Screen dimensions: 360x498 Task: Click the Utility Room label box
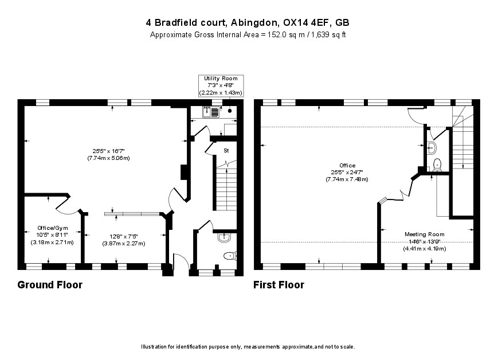[221, 85]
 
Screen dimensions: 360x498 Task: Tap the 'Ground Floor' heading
[50, 285]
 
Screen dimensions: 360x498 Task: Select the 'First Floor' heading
[279, 285]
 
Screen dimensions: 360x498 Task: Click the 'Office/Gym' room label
[49, 228]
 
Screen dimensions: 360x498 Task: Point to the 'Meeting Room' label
[425, 234]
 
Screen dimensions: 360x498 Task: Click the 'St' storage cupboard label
[226, 151]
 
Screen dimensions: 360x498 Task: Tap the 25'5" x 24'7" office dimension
[347, 172]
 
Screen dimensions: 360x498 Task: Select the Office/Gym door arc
[63, 204]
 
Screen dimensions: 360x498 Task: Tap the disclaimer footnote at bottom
[248, 347]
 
